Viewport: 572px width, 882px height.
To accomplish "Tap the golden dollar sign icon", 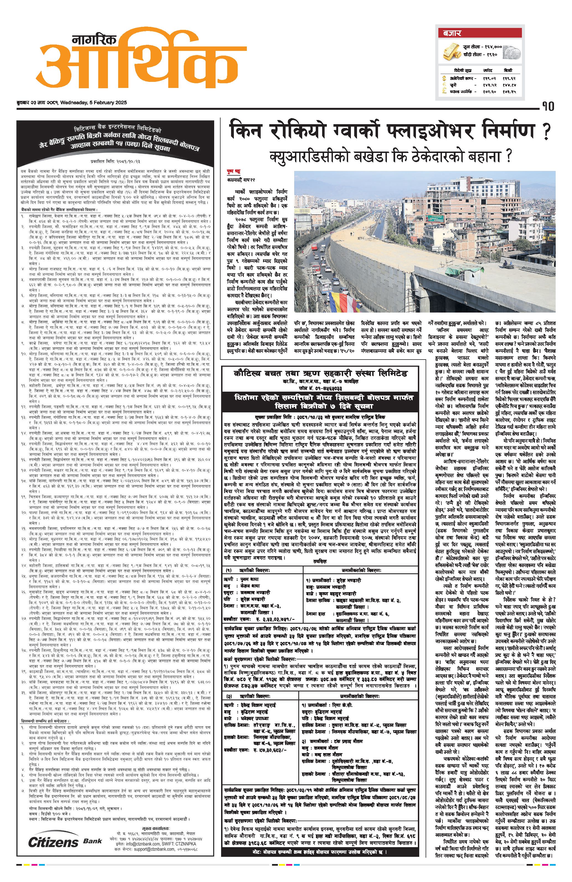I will (444, 79).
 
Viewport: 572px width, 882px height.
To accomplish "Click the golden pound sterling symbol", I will (444, 91).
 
